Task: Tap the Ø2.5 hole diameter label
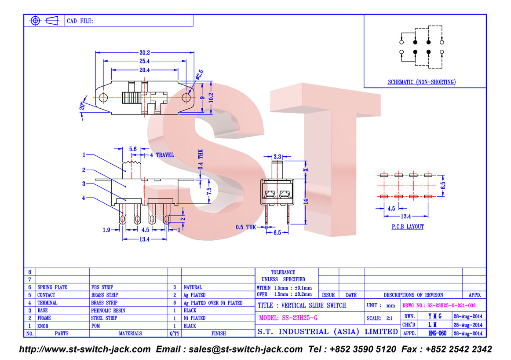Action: click(199, 76)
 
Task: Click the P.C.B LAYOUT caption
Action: click(408, 227)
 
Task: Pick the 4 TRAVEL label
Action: click(162, 155)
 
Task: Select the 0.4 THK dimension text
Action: click(201, 161)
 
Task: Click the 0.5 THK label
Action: click(245, 228)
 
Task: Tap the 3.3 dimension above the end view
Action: click(277, 156)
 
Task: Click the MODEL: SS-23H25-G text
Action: click(288, 318)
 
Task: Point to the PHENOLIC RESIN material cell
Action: click(108, 310)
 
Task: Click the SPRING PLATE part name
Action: click(52, 287)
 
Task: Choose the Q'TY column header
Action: click(175, 334)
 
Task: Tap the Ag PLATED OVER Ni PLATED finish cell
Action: click(213, 303)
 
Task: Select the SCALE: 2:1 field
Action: click(380, 318)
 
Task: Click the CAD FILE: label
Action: click(80, 21)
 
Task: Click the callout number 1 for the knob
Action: click(83, 155)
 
